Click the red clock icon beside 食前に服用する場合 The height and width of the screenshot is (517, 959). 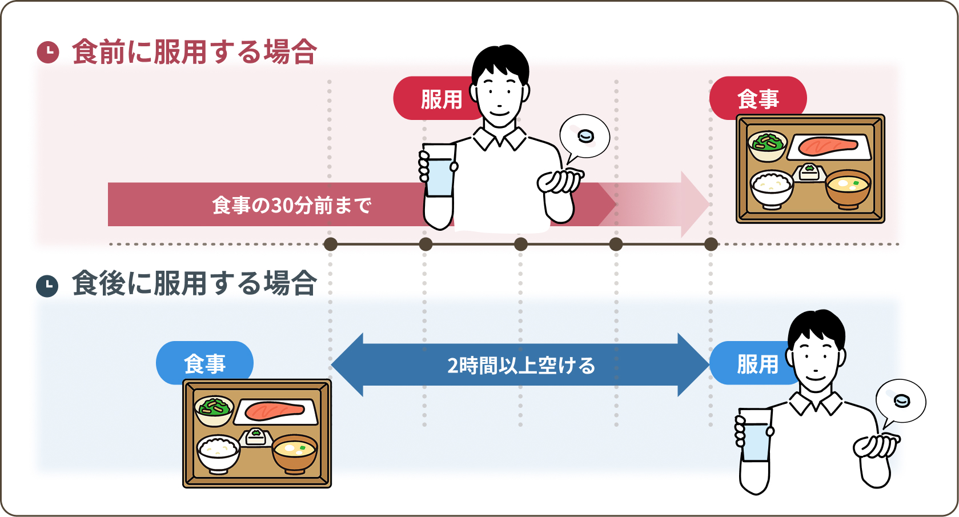(x=48, y=52)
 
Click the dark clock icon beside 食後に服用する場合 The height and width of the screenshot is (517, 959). (x=47, y=286)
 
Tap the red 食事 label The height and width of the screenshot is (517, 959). (x=758, y=99)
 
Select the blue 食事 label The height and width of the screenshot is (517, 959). (x=204, y=363)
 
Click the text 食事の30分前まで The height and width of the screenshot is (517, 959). (x=291, y=205)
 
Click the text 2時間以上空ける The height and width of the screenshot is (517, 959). (x=521, y=366)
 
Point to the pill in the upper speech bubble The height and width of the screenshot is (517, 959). (x=586, y=136)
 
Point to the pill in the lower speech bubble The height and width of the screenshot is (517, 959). (x=902, y=400)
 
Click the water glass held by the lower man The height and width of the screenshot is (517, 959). (x=755, y=435)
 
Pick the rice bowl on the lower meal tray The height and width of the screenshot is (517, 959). (x=218, y=452)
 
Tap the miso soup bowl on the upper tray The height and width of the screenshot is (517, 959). (x=848, y=189)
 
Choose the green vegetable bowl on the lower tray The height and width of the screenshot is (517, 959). (x=214, y=410)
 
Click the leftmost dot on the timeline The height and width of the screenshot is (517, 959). (x=330, y=245)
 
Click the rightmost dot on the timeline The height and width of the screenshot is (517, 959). (x=711, y=245)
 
